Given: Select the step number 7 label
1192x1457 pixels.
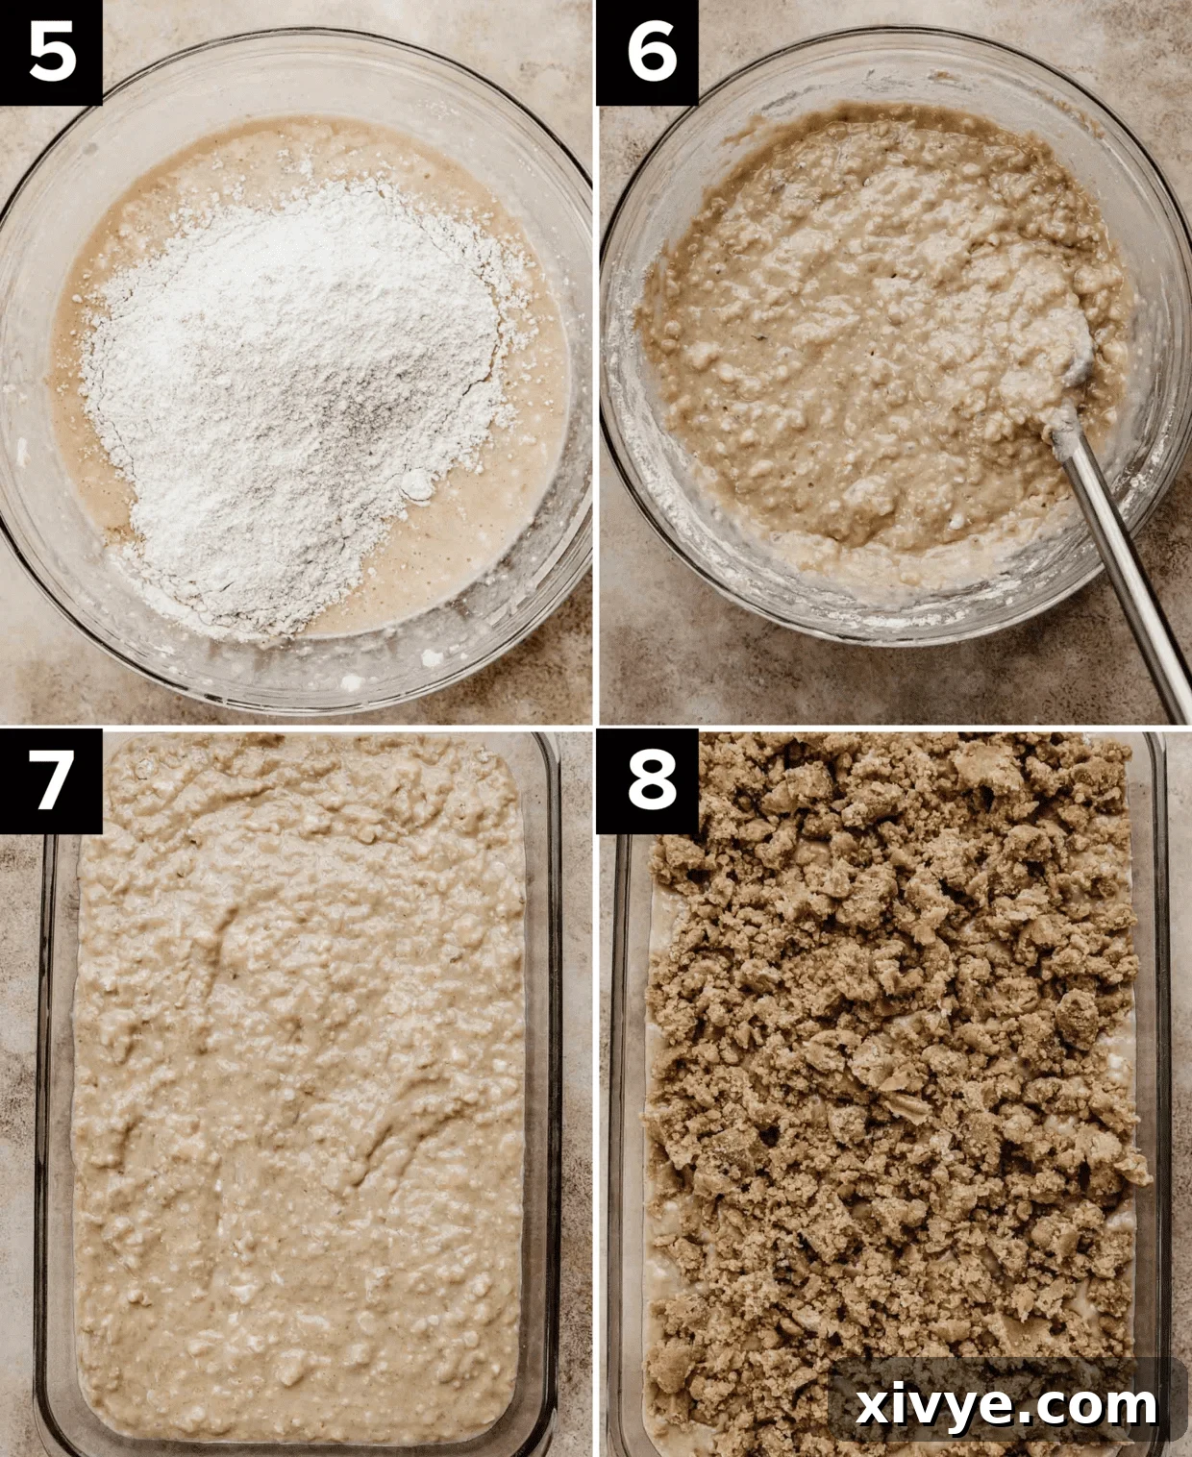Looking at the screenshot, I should point(51,780).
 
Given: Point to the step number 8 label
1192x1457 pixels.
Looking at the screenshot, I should point(650,780).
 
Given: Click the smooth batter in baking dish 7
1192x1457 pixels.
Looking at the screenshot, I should point(298,1105).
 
